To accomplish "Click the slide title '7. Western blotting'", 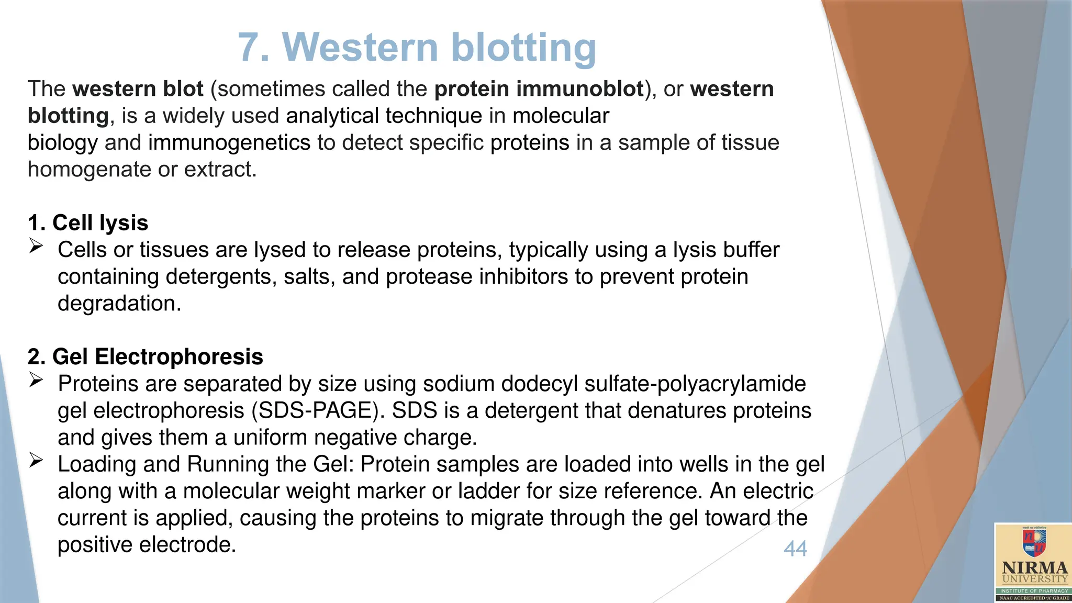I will (417, 47).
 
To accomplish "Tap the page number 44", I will (795, 549).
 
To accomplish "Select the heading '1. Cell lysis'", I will (88, 223).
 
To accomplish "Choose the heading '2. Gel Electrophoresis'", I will (145, 357).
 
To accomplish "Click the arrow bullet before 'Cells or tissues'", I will (36, 246).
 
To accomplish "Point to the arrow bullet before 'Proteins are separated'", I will (36, 380).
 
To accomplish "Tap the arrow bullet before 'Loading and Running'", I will (36, 461).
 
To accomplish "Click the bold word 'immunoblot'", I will (580, 89).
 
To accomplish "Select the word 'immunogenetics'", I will (229, 143).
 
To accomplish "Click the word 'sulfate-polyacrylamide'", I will (695, 384).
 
